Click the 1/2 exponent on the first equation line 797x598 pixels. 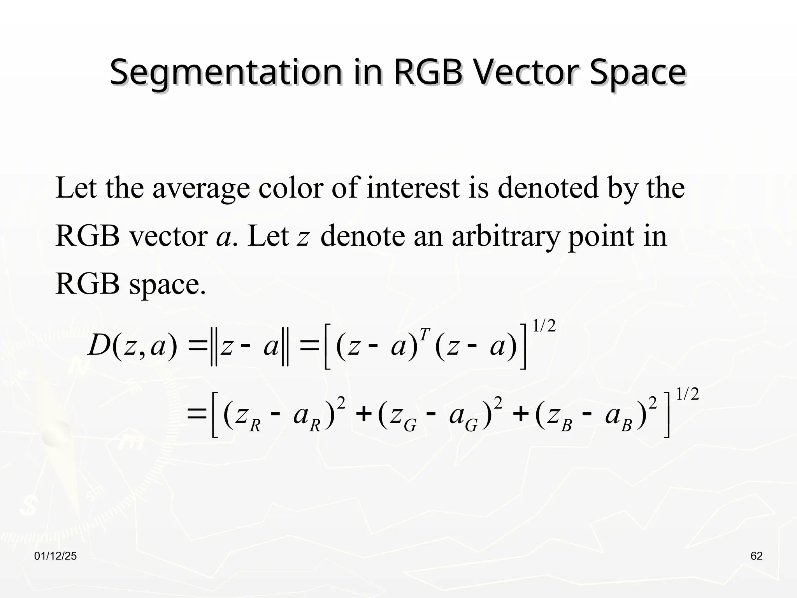click(x=544, y=326)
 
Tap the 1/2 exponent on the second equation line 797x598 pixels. click(x=688, y=394)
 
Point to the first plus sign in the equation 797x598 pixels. click(x=363, y=415)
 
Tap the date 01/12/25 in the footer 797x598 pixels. click(x=56, y=556)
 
